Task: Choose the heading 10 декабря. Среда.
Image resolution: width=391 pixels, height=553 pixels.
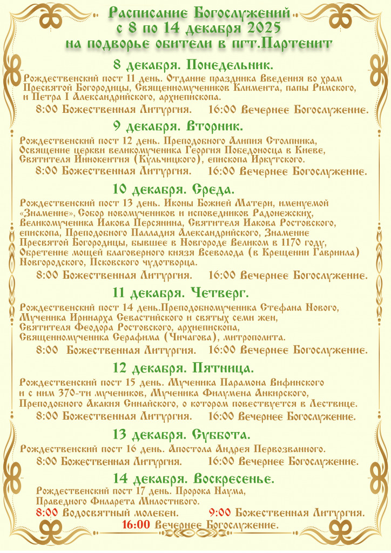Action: click(x=173, y=189)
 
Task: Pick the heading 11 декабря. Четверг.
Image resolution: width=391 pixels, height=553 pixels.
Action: click(x=180, y=293)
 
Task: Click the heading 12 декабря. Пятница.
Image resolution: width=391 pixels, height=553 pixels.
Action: click(x=183, y=369)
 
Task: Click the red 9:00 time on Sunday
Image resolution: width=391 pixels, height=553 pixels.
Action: click(x=220, y=512)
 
